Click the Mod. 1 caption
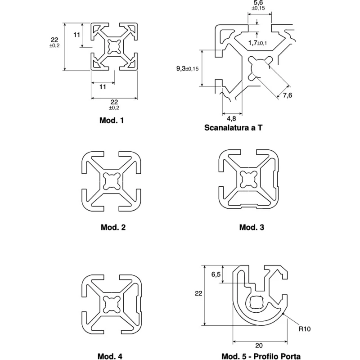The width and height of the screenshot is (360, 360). [x=112, y=120]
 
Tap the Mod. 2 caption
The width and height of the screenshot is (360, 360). [x=113, y=227]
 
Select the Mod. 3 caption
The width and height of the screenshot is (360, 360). [x=252, y=227]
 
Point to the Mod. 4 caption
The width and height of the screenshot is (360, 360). [x=110, y=356]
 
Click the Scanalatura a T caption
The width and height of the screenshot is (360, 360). [x=233, y=128]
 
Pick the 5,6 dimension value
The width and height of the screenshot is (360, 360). [x=258, y=3]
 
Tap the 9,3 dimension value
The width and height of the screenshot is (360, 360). [x=181, y=68]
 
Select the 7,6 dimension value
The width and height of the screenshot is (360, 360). [x=288, y=95]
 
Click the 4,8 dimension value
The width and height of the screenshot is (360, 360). [x=231, y=118]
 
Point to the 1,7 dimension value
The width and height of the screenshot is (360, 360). [x=252, y=43]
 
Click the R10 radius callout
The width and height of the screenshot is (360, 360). [x=305, y=329]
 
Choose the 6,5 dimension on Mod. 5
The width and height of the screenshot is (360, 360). [x=216, y=274]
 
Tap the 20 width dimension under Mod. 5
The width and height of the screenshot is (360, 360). [x=259, y=346]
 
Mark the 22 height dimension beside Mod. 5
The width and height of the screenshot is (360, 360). [x=198, y=293]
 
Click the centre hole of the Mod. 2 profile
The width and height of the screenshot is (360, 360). [x=112, y=181]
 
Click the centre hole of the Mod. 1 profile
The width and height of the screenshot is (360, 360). [x=114, y=47]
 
